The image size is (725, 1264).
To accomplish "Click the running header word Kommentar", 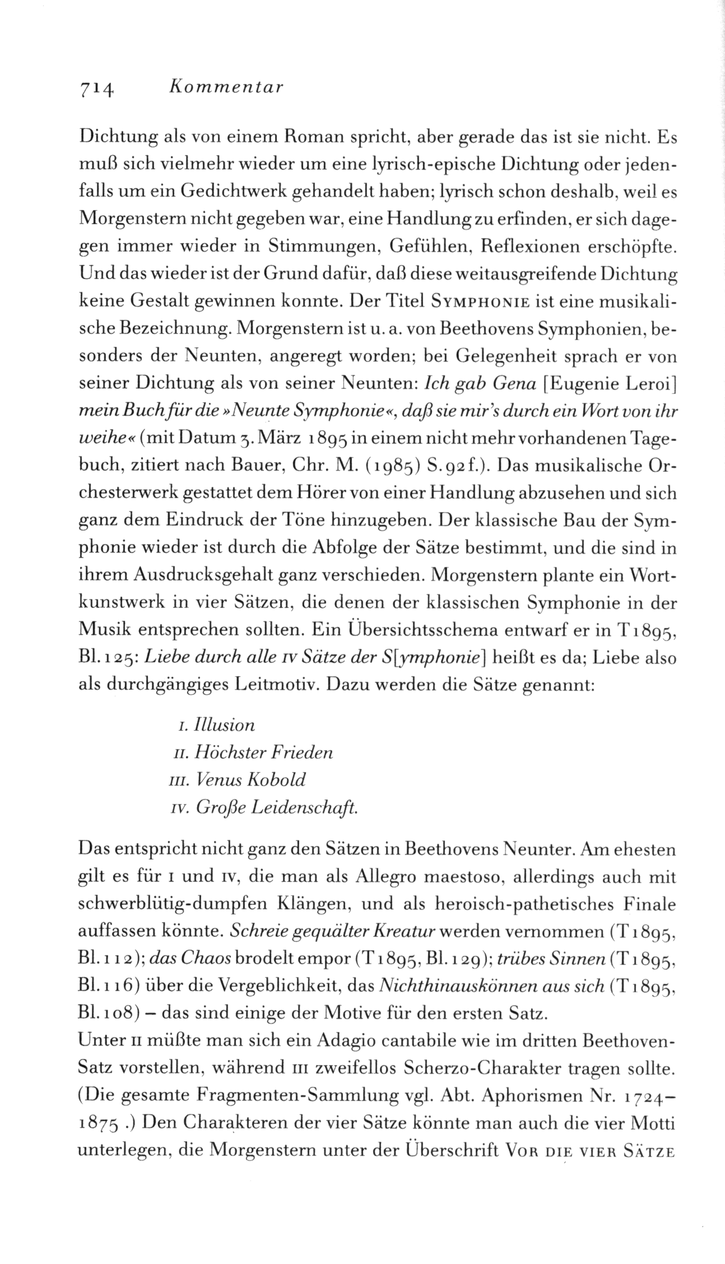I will click(x=227, y=87).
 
